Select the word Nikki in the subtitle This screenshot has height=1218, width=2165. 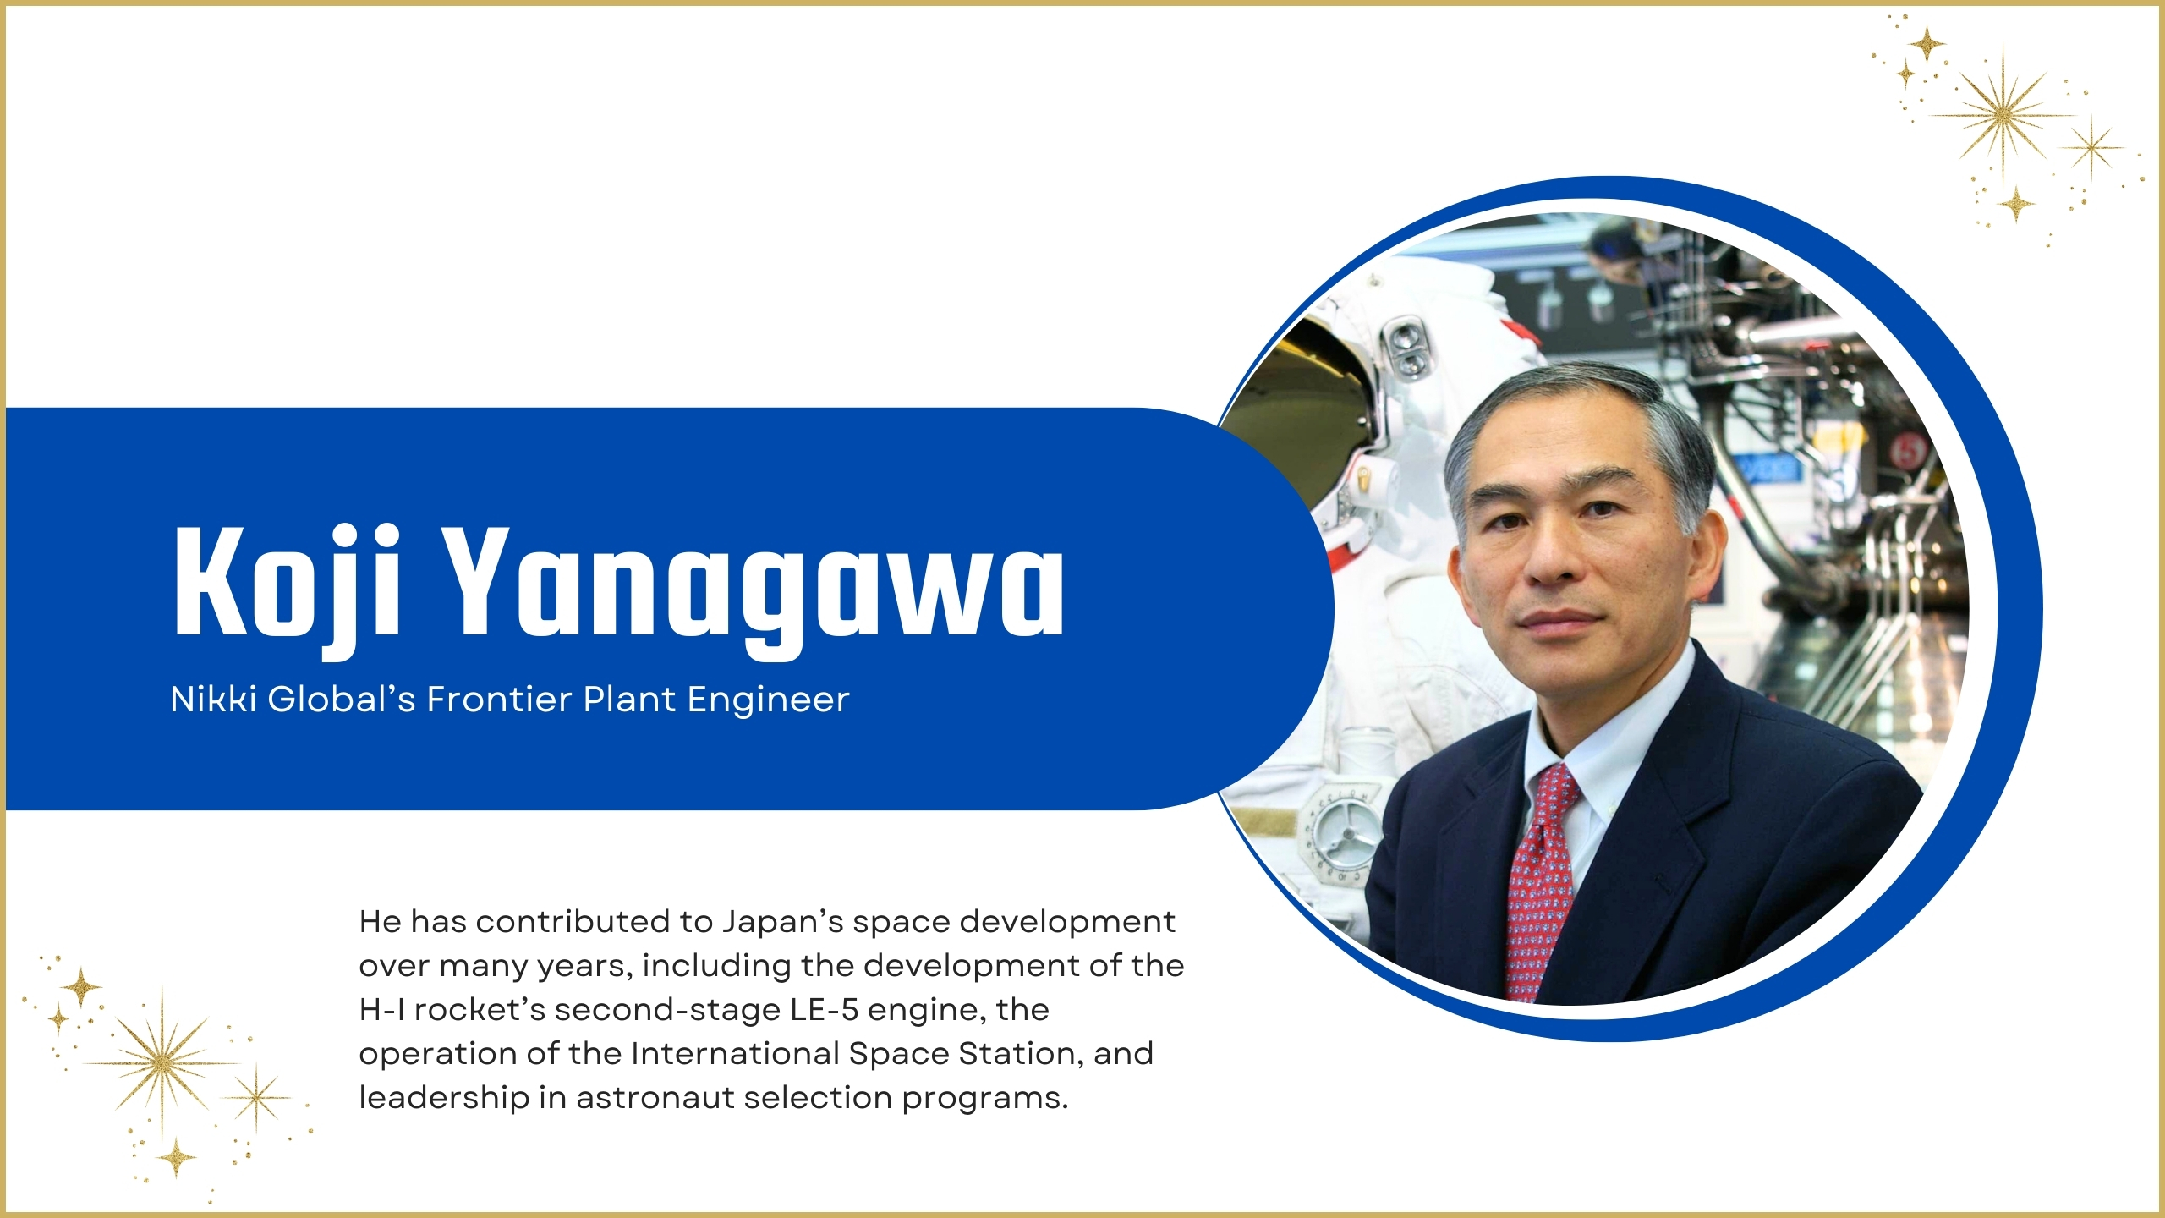pyautogui.click(x=213, y=700)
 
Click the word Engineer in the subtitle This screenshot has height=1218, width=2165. pyautogui.click(x=768, y=700)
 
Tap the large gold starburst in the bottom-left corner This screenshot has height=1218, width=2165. pyautogui.click(x=161, y=1062)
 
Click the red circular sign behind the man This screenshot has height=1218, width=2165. pyautogui.click(x=1907, y=450)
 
